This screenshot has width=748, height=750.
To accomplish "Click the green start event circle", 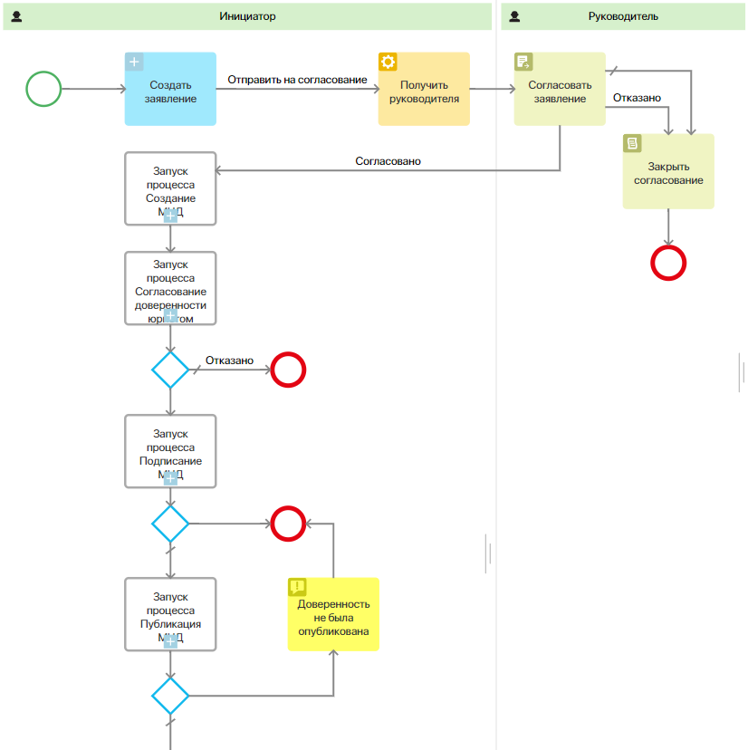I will click(x=43, y=89).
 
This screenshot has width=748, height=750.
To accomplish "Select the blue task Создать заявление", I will click(x=170, y=90).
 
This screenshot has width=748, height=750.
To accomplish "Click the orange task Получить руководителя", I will click(x=424, y=90).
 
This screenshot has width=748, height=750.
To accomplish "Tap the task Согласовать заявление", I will click(x=560, y=90).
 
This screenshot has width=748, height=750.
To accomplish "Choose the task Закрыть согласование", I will click(x=668, y=171).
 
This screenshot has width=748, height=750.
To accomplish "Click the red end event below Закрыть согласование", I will click(x=668, y=263).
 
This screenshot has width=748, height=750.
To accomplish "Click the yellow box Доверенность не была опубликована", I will click(x=333, y=615).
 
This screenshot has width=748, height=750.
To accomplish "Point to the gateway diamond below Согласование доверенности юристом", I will click(x=170, y=370).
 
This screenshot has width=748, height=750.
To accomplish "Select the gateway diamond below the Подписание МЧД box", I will click(x=170, y=524).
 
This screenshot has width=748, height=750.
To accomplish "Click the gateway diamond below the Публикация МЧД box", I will click(x=170, y=696).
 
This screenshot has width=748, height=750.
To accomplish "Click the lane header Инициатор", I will click(x=247, y=16).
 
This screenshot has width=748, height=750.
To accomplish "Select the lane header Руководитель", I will click(x=623, y=16).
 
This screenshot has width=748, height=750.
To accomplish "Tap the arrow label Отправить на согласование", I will click(x=297, y=80).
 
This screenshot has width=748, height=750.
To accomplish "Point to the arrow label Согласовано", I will click(x=388, y=161).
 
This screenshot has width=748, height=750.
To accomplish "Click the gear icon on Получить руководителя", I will click(x=388, y=62).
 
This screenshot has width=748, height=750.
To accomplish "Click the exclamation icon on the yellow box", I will click(x=297, y=587).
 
